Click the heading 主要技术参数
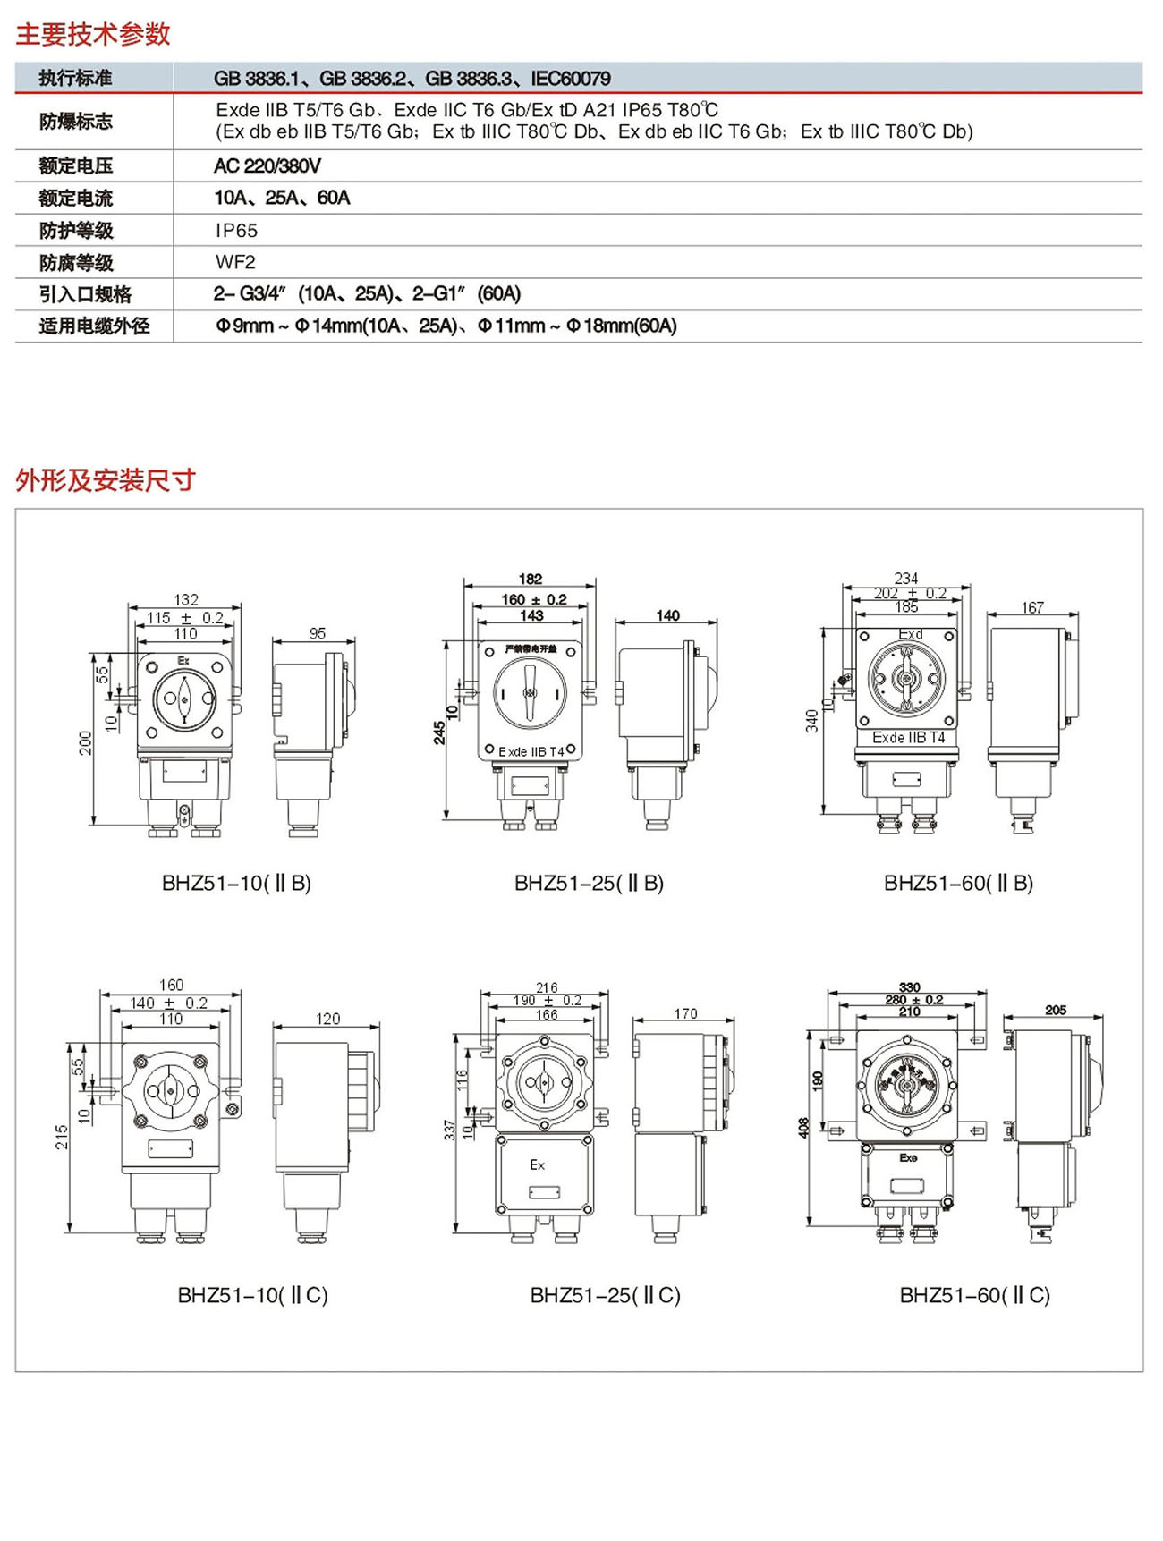click(x=93, y=34)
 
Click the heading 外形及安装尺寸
click(x=106, y=480)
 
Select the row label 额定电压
click(x=76, y=165)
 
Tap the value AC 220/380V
click(x=267, y=165)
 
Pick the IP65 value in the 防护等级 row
click(x=236, y=231)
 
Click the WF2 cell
click(x=235, y=262)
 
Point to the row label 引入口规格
click(x=85, y=294)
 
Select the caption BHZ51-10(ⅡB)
click(x=236, y=883)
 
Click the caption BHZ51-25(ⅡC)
click(x=605, y=1295)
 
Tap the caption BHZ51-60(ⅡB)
click(x=958, y=883)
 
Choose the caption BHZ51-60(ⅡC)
click(x=974, y=1295)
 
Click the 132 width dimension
click(x=186, y=599)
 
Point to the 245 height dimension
click(x=439, y=732)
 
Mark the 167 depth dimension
click(x=1032, y=608)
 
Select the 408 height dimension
click(x=803, y=1128)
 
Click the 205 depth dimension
click(x=1056, y=1010)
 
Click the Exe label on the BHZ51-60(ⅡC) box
click(x=908, y=1157)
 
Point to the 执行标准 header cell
click(x=75, y=78)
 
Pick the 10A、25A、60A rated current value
click(x=282, y=198)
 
